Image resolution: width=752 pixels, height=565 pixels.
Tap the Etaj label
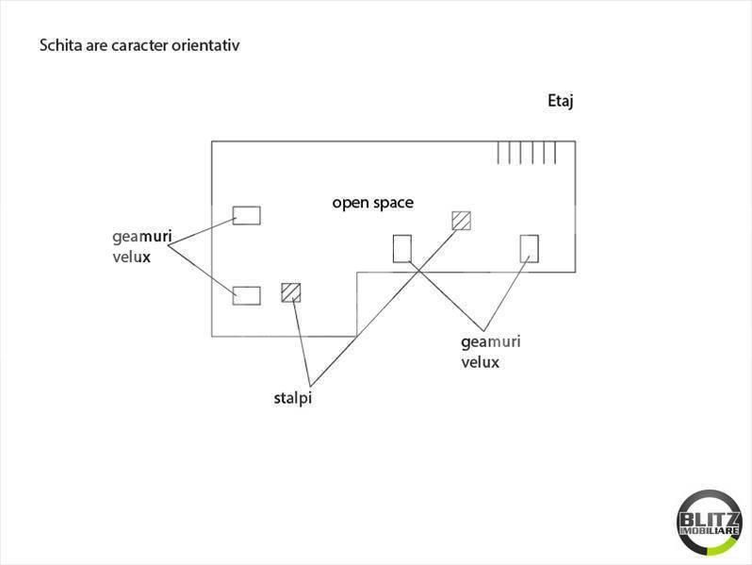[x=561, y=102]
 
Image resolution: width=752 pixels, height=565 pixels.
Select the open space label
[x=372, y=204]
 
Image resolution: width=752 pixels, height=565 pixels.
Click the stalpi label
[x=293, y=398]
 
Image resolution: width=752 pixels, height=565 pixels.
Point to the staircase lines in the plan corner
[x=527, y=153]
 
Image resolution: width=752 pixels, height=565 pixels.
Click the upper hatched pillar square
[x=462, y=221]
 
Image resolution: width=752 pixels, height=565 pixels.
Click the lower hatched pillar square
[x=291, y=292]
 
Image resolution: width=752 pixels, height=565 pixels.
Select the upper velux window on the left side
[x=247, y=216]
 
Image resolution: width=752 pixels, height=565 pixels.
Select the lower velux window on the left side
[x=247, y=295]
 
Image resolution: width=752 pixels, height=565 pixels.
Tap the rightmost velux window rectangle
[x=530, y=249]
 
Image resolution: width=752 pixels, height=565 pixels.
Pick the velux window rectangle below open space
[x=401, y=249]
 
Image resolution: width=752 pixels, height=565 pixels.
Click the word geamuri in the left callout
[x=142, y=237]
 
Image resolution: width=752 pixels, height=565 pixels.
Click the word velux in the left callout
[x=131, y=258]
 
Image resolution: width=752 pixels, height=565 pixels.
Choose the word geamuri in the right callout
[x=491, y=342]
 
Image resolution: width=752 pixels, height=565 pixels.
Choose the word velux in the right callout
[x=480, y=362]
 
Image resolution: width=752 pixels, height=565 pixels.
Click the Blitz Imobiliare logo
[x=710, y=523]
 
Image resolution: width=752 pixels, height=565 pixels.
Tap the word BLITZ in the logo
[x=710, y=520]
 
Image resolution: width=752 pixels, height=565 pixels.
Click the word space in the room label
[x=393, y=204]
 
